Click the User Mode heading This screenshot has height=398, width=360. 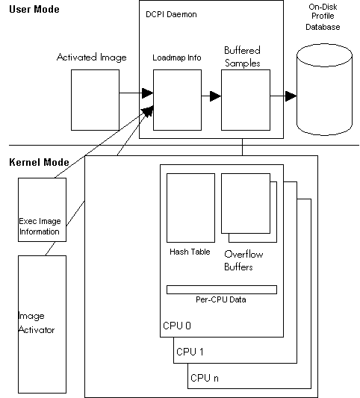tap(34, 10)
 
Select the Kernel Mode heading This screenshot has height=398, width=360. tap(39, 162)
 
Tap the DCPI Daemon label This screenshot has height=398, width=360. tap(171, 14)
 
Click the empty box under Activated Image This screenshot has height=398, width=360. tap(95, 100)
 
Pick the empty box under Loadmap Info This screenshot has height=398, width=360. tap(178, 100)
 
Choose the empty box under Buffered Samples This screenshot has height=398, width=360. tap(246, 100)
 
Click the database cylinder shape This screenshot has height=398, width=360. tap(324, 90)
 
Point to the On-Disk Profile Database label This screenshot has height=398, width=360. tap(323, 17)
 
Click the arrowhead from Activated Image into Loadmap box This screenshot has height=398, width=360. tap(147, 93)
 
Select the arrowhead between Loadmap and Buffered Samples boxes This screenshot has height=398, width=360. tap(216, 96)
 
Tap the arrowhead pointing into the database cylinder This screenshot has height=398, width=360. tap(291, 96)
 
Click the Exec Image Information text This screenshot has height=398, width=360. tap(40, 226)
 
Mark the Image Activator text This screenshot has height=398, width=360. tap(37, 323)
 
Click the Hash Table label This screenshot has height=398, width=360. tap(190, 252)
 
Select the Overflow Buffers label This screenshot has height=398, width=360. tap(243, 261)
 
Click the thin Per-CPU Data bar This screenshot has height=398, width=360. tap(222, 290)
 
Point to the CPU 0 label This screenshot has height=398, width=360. tap(177, 326)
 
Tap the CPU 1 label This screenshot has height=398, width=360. tap(190, 352)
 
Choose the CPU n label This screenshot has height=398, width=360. tap(205, 378)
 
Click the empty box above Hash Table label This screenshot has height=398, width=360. tap(190, 208)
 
